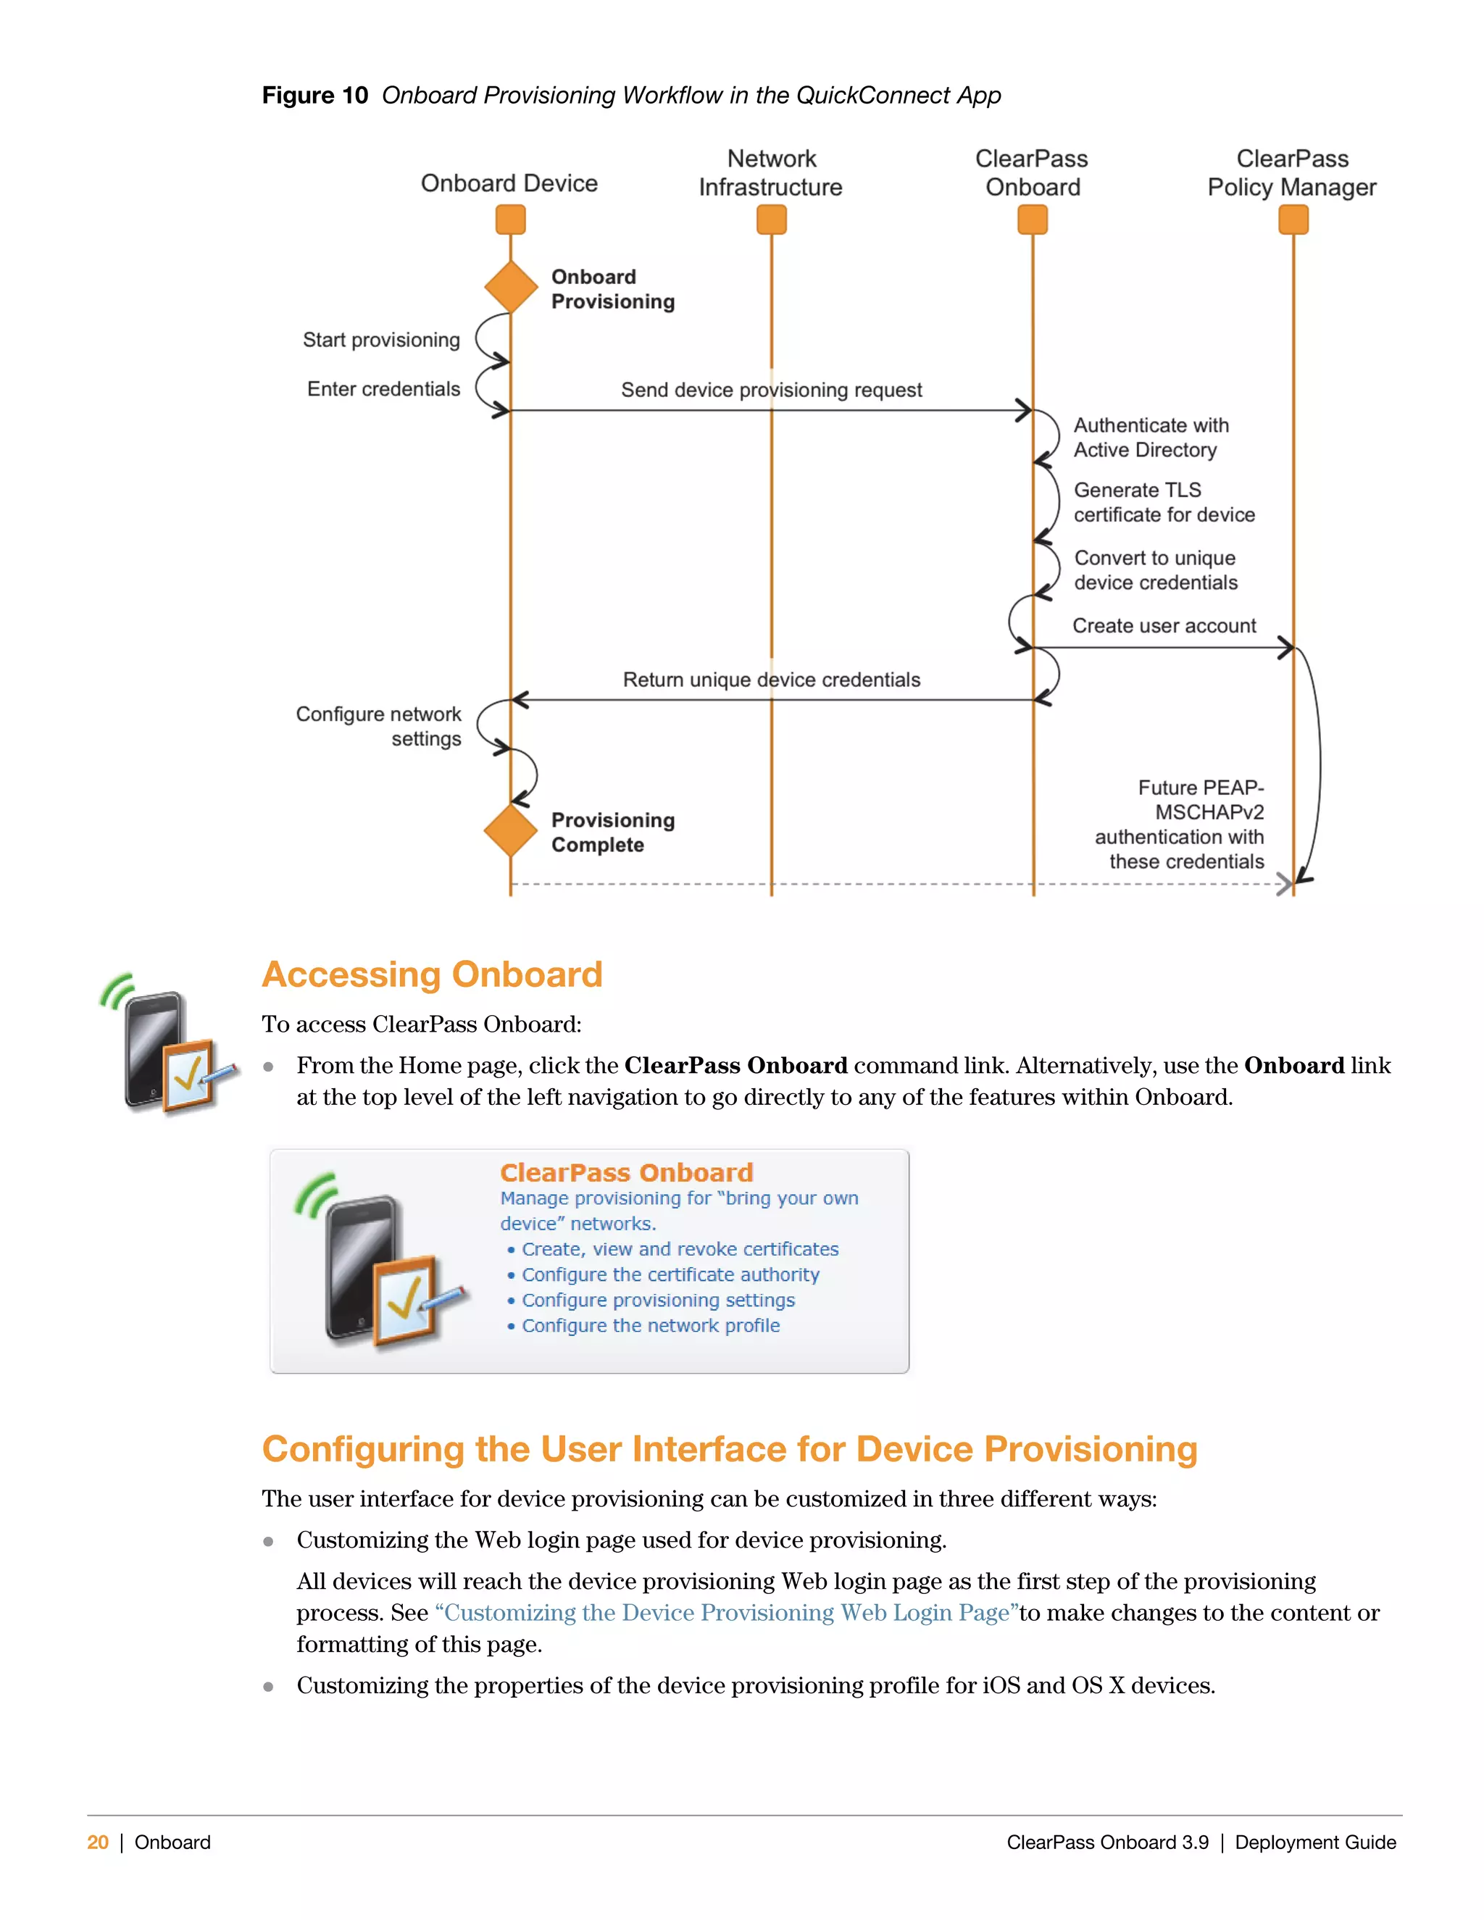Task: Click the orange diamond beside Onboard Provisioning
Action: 511,287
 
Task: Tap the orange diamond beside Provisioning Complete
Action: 511,830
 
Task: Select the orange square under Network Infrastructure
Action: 771,220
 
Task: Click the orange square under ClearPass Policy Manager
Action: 1293,220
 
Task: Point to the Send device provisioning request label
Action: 771,390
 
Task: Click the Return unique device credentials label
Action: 771,680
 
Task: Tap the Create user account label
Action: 1163,626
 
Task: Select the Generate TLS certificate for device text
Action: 1163,502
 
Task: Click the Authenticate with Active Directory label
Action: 1150,437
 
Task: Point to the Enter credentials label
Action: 383,388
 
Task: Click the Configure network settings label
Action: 379,726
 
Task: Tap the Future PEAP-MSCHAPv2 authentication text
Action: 1179,825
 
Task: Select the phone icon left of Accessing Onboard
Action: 168,1045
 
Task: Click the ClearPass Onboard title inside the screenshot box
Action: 626,1173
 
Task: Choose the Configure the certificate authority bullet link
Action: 670,1274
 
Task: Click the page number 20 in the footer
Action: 98,1842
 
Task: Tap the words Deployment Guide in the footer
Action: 1314,1842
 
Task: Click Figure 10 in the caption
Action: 314,95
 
